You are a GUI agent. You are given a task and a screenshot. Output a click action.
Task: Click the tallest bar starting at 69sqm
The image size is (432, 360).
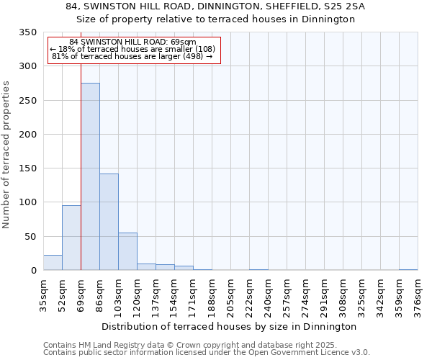pyautogui.click(x=90, y=176)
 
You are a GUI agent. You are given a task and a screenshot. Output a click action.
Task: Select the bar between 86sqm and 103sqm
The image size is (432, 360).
pyautogui.click(x=109, y=222)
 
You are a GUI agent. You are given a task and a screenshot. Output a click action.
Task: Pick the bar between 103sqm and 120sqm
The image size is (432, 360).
pyautogui.click(x=127, y=251)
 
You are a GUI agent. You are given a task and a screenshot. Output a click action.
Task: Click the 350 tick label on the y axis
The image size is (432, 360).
pyautogui.click(x=27, y=32)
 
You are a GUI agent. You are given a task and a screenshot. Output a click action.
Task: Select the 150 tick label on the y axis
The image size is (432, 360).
pyautogui.click(x=27, y=168)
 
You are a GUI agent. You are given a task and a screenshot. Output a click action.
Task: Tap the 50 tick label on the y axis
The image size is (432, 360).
pyautogui.click(x=30, y=236)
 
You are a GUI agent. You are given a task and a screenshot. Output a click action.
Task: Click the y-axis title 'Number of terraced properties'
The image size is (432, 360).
pyautogui.click(x=6, y=155)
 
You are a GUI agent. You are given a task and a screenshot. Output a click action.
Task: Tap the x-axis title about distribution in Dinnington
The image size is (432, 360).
pyautogui.click(x=230, y=326)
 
